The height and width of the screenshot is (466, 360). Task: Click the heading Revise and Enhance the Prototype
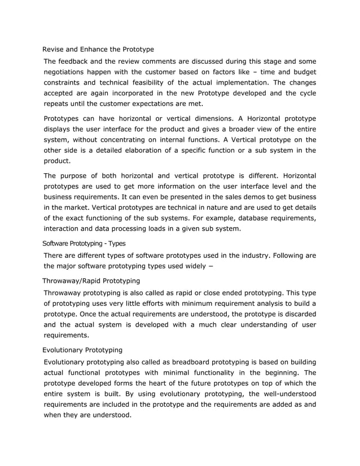click(x=98, y=50)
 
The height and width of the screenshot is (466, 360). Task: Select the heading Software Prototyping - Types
click(x=84, y=243)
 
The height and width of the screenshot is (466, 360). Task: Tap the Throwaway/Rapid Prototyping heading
click(x=91, y=280)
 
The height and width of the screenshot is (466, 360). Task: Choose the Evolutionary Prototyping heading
click(x=82, y=350)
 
